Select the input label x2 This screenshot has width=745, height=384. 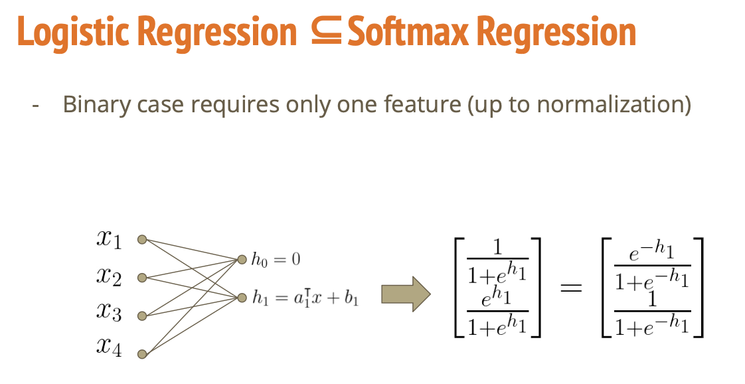click(x=108, y=277)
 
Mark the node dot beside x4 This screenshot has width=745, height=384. click(x=141, y=354)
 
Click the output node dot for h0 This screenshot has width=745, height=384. click(x=242, y=258)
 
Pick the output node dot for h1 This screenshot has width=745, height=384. click(x=242, y=298)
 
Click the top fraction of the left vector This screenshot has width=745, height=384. click(x=497, y=258)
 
